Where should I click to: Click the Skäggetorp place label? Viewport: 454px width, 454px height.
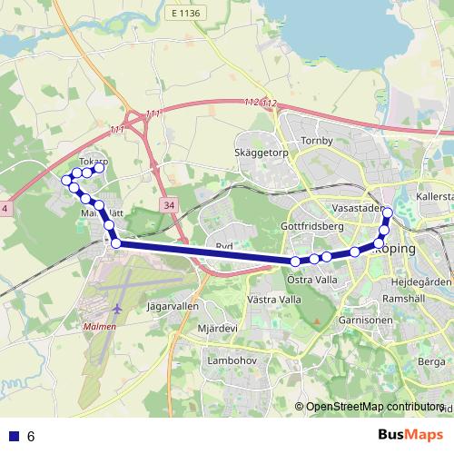click(x=260, y=153)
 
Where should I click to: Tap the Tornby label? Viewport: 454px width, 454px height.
click(x=318, y=141)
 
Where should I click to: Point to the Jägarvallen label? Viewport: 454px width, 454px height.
click(x=173, y=307)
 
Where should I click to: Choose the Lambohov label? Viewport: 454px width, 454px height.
click(x=229, y=360)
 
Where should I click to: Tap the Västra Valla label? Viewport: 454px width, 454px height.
click(x=273, y=299)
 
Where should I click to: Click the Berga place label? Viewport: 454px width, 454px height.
click(x=431, y=361)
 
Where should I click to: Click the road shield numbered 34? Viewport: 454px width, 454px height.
click(x=170, y=206)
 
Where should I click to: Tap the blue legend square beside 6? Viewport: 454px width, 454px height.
click(x=13, y=437)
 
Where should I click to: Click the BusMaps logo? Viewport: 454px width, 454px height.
click(x=411, y=436)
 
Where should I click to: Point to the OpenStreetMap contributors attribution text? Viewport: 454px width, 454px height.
click(x=374, y=407)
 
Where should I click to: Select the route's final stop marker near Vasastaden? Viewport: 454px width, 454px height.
click(x=388, y=213)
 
